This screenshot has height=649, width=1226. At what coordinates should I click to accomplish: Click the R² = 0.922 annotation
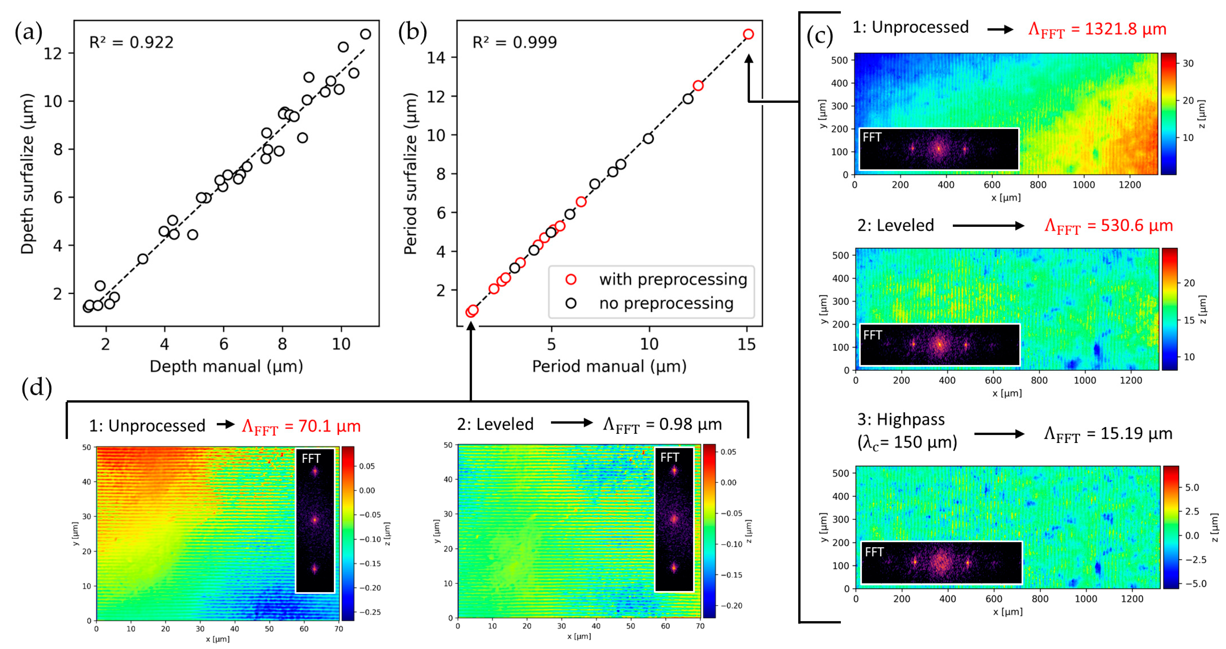131,42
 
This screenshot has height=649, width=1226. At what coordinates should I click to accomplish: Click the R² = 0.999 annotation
514,42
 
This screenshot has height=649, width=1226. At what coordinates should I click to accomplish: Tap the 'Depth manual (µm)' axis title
226,366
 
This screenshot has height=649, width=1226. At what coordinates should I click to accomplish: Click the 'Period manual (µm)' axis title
609,366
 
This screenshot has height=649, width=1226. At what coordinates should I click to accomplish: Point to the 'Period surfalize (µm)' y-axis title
410,174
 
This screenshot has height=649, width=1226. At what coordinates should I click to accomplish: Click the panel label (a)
29,32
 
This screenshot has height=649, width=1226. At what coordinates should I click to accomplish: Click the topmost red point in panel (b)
748,34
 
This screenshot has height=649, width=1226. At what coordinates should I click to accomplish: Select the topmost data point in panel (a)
365,34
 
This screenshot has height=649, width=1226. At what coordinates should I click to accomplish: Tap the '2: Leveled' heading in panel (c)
895,225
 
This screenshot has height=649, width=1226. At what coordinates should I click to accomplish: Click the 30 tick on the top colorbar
1188,63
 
